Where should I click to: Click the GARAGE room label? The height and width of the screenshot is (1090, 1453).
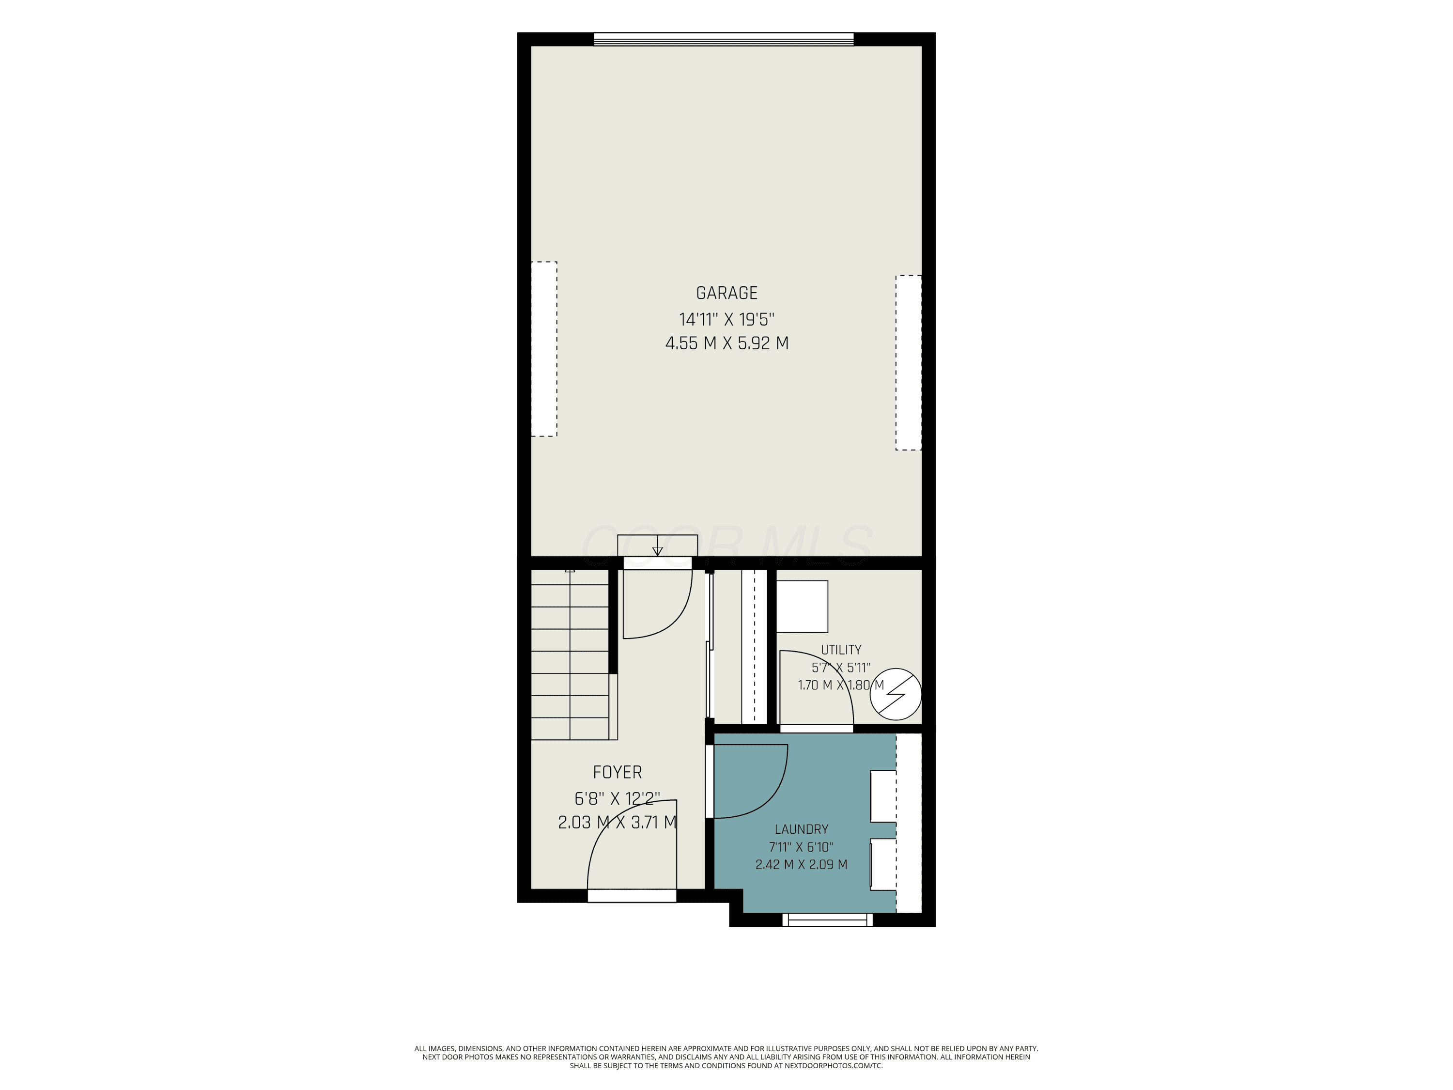coord(726,293)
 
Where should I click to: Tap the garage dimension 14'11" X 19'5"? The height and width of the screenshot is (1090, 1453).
coord(726,319)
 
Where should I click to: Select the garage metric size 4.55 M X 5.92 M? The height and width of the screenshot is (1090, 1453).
coord(726,343)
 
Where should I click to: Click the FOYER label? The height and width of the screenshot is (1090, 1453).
coord(617,772)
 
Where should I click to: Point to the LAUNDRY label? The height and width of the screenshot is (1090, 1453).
coord(802,829)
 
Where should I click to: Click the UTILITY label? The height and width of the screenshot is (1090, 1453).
coord(841,650)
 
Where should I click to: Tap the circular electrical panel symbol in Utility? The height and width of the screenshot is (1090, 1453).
coord(896,695)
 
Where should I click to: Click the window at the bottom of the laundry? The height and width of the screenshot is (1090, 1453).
coord(827,920)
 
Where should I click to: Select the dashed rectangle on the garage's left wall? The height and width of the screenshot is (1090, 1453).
coord(544,349)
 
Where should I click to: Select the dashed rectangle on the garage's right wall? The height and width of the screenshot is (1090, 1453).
coord(909,363)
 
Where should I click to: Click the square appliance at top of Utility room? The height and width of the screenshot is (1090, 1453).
coord(802,607)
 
